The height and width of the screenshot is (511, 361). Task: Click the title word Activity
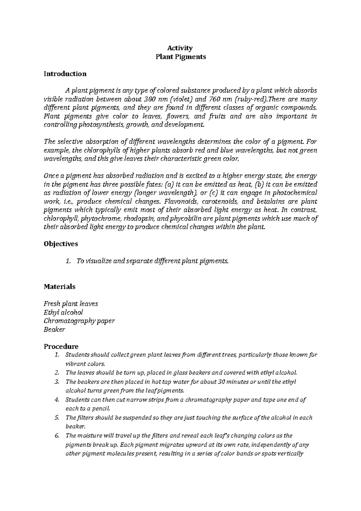pyautogui.click(x=180, y=48)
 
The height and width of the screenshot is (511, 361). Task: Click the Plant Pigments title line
pyautogui.click(x=180, y=57)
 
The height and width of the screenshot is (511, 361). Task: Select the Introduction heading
pyautogui.click(x=65, y=74)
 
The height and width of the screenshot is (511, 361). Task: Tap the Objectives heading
pyautogui.click(x=61, y=244)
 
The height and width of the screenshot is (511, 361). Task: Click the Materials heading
pyautogui.click(x=60, y=286)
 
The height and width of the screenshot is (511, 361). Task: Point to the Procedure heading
pyautogui.click(x=61, y=346)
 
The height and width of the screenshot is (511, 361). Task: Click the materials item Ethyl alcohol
pyautogui.click(x=63, y=312)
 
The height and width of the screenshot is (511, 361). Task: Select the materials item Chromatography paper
pyautogui.click(x=79, y=321)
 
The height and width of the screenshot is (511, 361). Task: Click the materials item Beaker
pyautogui.click(x=54, y=330)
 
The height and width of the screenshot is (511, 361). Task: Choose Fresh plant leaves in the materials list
pyautogui.click(x=71, y=304)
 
